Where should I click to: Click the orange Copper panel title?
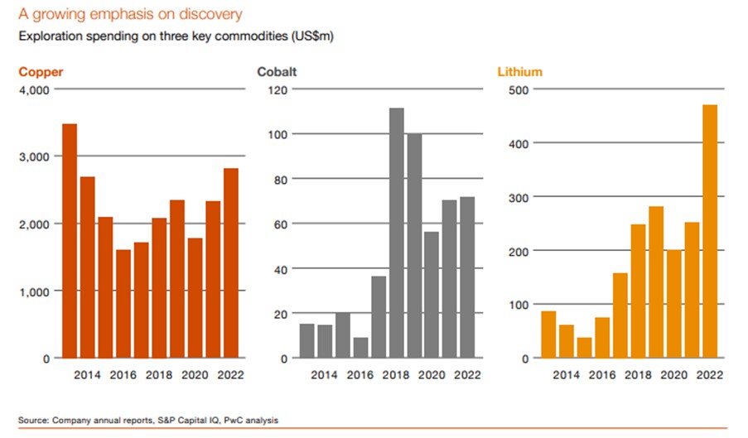[x=41, y=72]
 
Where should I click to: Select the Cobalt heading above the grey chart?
[x=277, y=72]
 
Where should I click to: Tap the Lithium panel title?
[x=519, y=72]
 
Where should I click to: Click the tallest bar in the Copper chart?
[x=70, y=241]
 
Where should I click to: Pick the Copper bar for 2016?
[x=123, y=304]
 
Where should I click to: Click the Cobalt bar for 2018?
[x=396, y=233]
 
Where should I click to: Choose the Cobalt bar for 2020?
[x=432, y=295]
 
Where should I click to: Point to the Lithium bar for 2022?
[x=711, y=232]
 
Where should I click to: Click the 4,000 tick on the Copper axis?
[x=34, y=89]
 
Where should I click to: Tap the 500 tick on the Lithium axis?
[x=517, y=89]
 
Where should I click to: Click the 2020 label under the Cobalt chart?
[x=432, y=375]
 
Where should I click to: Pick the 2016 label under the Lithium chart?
[x=602, y=375]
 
